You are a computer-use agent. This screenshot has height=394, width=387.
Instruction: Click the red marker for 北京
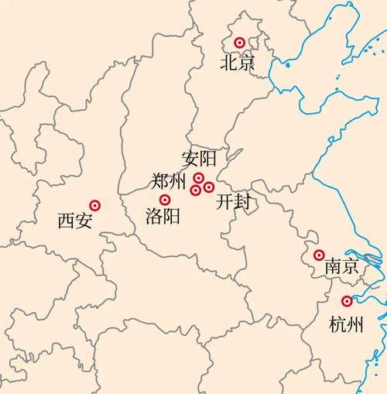pos(240,43)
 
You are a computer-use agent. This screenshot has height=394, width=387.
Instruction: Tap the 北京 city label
pos(237,63)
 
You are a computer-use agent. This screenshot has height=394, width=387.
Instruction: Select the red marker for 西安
pos(95,205)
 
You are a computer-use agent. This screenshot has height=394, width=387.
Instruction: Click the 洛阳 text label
pos(163,217)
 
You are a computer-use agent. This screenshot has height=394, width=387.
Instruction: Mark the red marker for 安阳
pos(199,179)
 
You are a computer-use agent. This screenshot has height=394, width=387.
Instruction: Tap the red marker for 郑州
pos(196,190)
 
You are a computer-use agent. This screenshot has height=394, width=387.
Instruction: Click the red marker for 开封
pos(209,187)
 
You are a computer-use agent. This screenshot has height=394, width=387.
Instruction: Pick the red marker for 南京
pos(319,255)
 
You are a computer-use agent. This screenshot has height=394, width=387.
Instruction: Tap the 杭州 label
pos(345,324)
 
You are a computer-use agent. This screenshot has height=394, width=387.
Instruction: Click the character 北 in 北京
pos(228,63)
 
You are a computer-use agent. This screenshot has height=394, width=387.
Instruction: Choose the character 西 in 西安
pos(67,222)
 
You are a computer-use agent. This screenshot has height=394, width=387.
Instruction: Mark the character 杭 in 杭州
pos(337,324)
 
